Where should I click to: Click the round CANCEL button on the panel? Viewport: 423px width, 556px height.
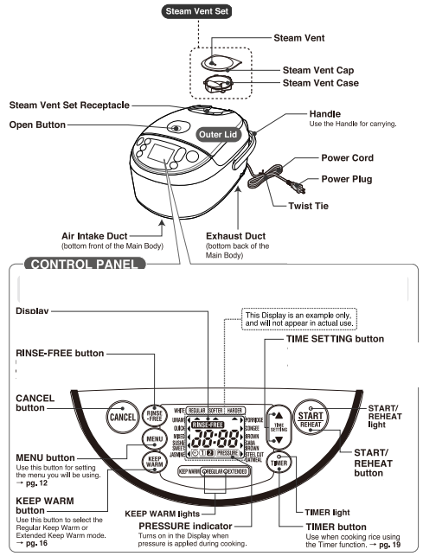(x=120, y=416)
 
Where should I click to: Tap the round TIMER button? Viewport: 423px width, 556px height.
(x=279, y=463)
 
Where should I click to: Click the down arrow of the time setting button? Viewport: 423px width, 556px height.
(x=278, y=439)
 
